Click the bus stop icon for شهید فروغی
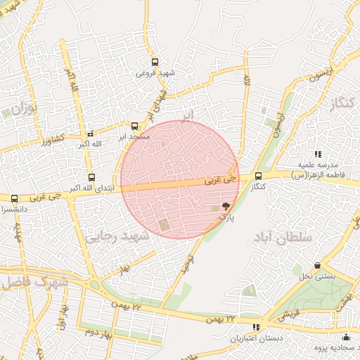click(x=155, y=61)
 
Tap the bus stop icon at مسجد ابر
click(x=135, y=126)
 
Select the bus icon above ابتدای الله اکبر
click(x=91, y=177)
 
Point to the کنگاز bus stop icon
click(x=259, y=176)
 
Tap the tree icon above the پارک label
click(x=226, y=206)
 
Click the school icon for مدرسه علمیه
click(x=318, y=153)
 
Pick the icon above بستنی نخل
click(x=319, y=266)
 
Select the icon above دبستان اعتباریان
click(x=256, y=327)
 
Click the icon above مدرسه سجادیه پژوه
click(x=346, y=337)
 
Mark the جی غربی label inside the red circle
click(x=218, y=181)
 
